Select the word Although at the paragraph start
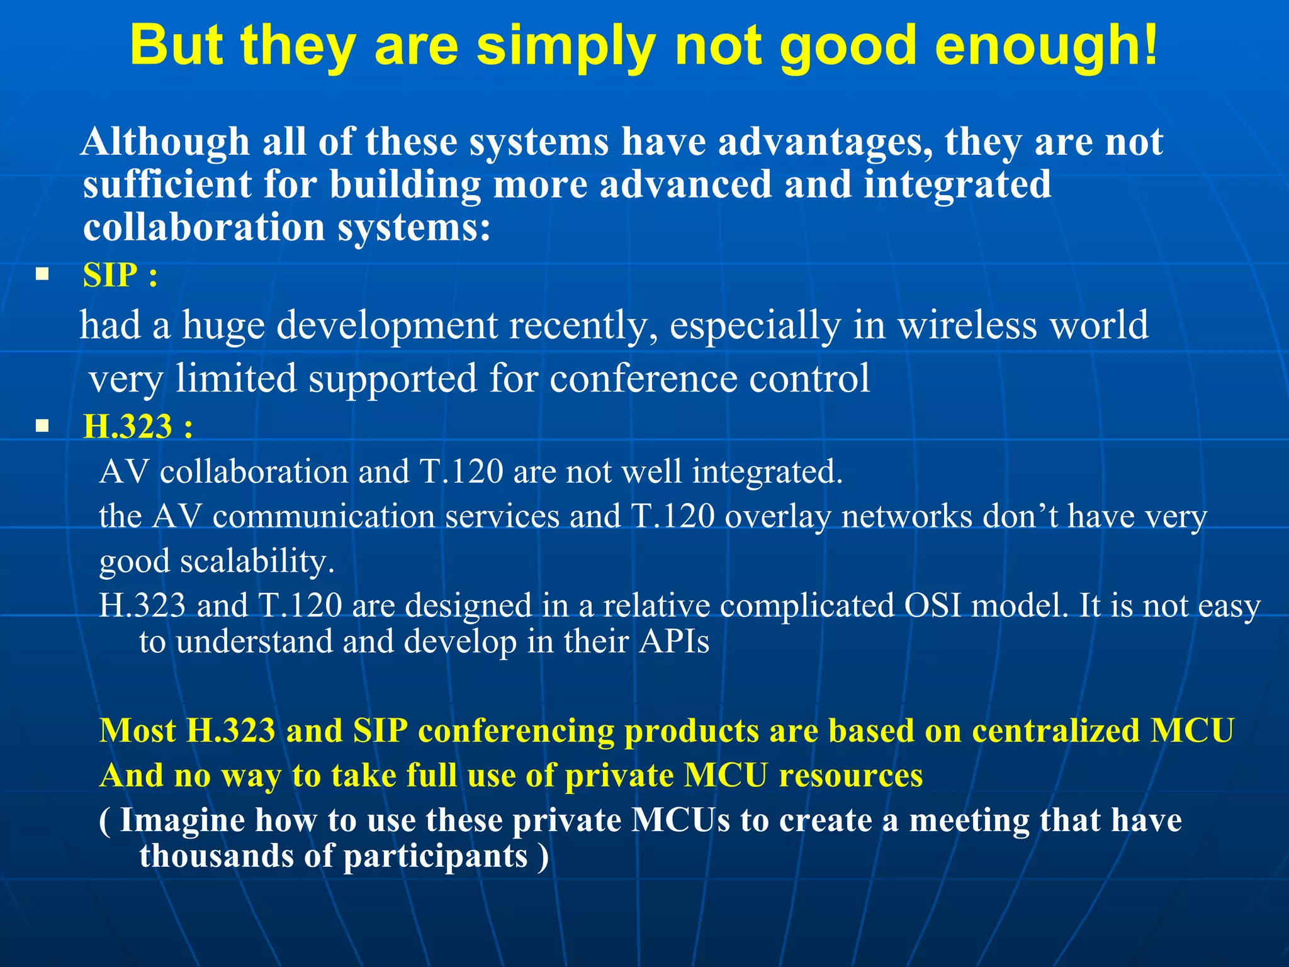[166, 142]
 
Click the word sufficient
[167, 184]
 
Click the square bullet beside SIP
[42, 274]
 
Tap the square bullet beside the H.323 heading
[42, 426]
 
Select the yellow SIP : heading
[120, 275]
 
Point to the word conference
[643, 379]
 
